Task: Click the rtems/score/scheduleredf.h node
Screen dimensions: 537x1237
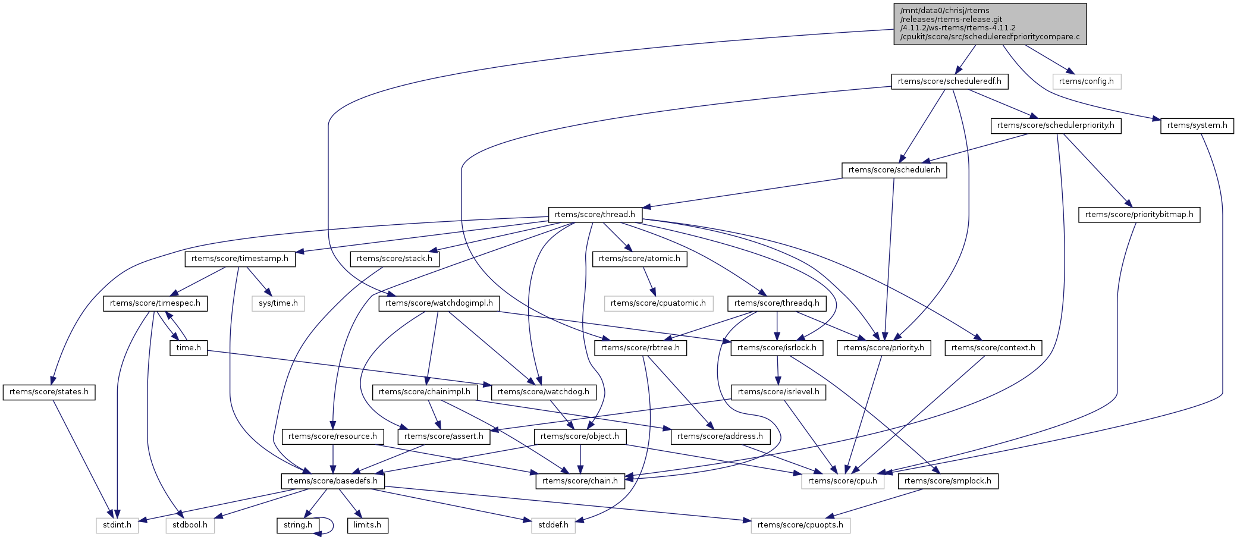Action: tap(949, 81)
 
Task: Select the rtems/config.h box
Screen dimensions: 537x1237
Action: tap(1087, 81)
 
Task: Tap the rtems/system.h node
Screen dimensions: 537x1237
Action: tap(1197, 125)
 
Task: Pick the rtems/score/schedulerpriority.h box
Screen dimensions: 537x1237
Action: tap(1056, 125)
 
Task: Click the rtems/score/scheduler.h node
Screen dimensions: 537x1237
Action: tap(894, 170)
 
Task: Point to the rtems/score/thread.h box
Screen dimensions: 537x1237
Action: tap(595, 214)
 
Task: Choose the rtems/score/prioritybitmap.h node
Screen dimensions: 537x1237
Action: tap(1139, 214)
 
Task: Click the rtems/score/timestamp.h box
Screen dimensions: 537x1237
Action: tap(240, 259)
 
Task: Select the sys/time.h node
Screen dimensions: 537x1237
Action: tap(278, 303)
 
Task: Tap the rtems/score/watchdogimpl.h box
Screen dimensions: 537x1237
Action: tap(439, 303)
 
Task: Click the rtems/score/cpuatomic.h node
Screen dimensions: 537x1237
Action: tap(658, 303)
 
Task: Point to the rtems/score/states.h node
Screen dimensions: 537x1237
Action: tap(49, 392)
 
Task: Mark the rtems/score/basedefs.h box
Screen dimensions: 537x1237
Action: tap(332, 481)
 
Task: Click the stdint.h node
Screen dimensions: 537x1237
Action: tap(117, 525)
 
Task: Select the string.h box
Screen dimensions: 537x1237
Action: tap(297, 525)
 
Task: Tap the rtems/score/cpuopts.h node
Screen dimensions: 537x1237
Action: tap(800, 525)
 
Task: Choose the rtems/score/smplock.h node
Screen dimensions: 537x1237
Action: tap(947, 481)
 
